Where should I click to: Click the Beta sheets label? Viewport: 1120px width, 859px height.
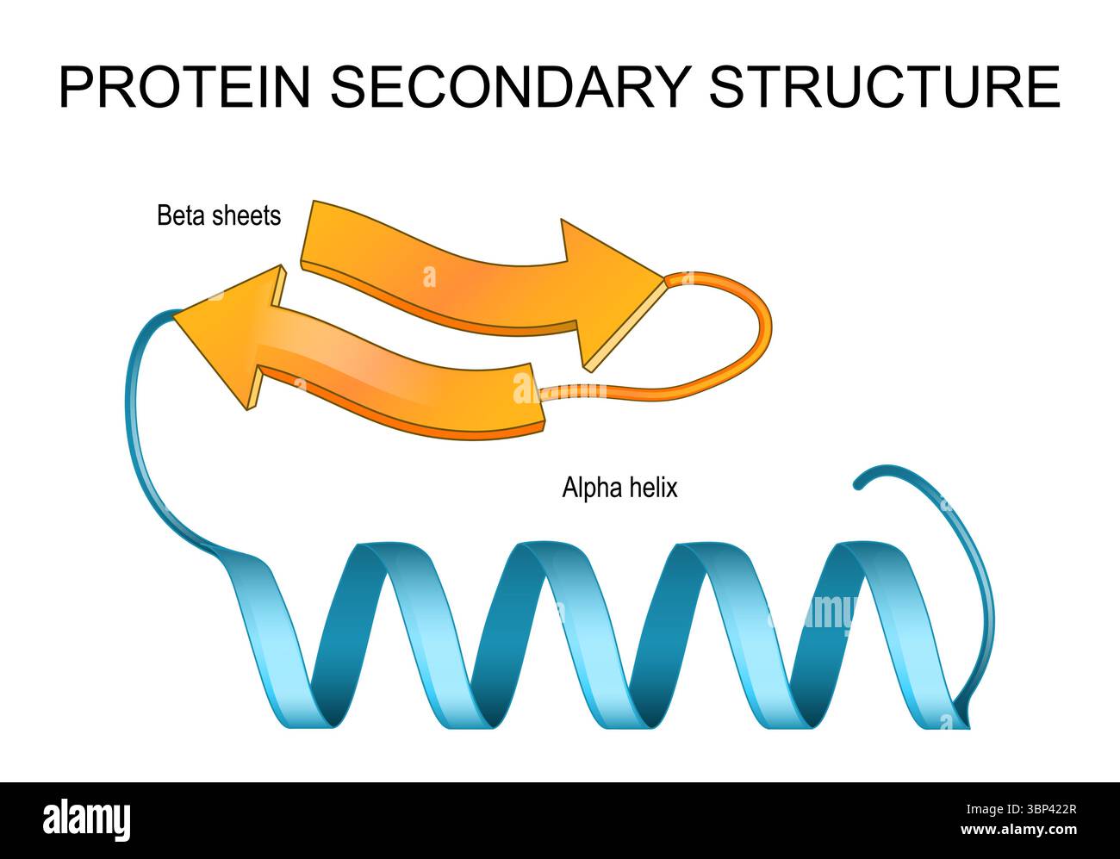tap(219, 215)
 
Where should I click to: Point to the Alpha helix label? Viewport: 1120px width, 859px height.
tap(619, 487)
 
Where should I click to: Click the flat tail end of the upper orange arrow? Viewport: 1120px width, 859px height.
tap(308, 234)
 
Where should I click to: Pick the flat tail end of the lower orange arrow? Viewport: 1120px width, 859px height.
tap(538, 395)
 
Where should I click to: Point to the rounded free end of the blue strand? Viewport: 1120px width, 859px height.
tap(858, 485)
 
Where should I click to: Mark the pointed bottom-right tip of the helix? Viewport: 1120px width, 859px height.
tap(969, 727)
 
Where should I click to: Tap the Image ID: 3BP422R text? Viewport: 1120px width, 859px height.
tap(1021, 810)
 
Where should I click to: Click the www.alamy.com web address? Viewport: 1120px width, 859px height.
tap(1018, 830)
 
